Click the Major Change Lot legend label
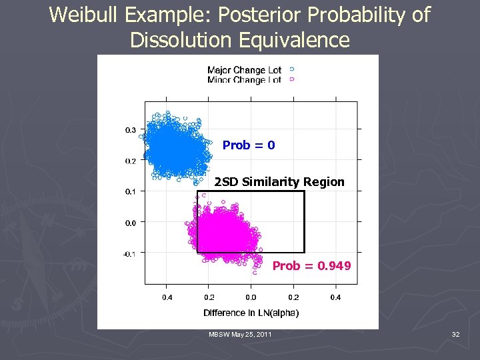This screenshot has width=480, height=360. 244,70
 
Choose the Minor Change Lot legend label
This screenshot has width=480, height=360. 244,80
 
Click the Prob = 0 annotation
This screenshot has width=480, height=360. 249,145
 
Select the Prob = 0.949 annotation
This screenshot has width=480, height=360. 311,266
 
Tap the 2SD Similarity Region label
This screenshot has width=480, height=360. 279,182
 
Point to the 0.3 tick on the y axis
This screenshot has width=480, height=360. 131,130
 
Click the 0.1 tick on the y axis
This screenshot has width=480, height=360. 131,192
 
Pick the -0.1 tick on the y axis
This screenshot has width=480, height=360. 129,254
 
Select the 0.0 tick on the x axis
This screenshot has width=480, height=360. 251,297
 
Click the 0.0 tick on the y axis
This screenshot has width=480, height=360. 131,223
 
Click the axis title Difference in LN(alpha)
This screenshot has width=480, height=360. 251,313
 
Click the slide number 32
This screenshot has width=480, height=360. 455,333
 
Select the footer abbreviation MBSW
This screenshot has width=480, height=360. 219,333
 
